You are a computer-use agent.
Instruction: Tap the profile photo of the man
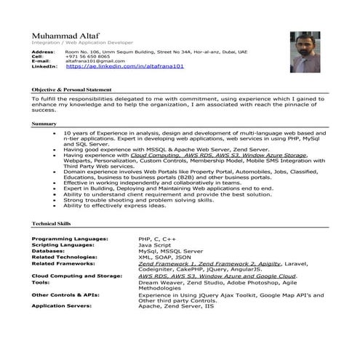click(305, 52)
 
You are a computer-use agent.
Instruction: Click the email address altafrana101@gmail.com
click(94, 61)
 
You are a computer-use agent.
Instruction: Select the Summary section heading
click(44, 124)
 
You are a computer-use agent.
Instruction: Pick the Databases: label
click(48, 250)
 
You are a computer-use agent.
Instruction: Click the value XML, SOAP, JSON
click(164, 257)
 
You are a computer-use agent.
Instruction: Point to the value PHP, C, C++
click(157, 238)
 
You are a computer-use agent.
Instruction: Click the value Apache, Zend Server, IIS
click(177, 305)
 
